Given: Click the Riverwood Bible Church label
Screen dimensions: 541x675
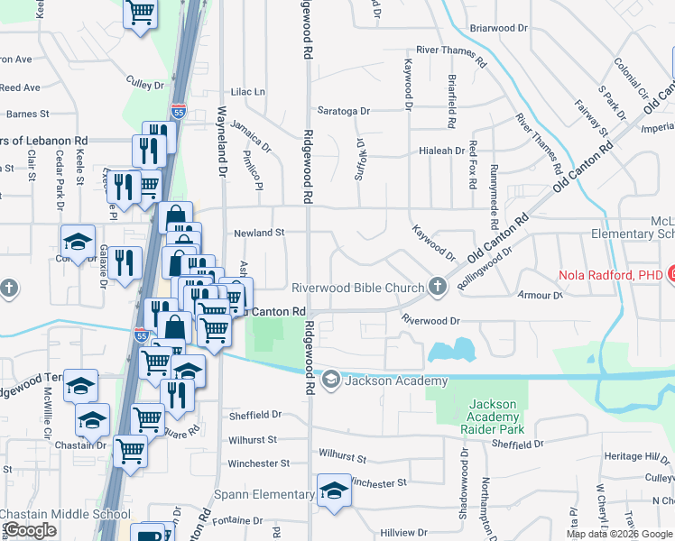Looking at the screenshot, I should tap(357, 289).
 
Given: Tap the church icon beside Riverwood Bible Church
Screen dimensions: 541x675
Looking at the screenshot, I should tap(438, 288).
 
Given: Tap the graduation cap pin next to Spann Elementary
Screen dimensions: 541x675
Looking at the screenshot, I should tap(334, 491).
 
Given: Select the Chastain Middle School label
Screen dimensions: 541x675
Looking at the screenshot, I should tap(65, 515).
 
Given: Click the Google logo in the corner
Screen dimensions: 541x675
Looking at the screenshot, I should tap(30, 530).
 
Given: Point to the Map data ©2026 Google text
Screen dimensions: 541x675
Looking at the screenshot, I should tap(620, 534).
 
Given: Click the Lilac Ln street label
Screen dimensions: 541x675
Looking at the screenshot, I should tap(248, 92).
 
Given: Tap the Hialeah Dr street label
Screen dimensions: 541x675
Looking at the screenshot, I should tap(446, 151).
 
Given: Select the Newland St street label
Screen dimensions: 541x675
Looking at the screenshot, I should tap(259, 233).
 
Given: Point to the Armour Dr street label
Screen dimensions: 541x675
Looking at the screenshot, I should tap(541, 295).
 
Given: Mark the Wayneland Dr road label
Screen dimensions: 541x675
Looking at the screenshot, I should tap(220, 134).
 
